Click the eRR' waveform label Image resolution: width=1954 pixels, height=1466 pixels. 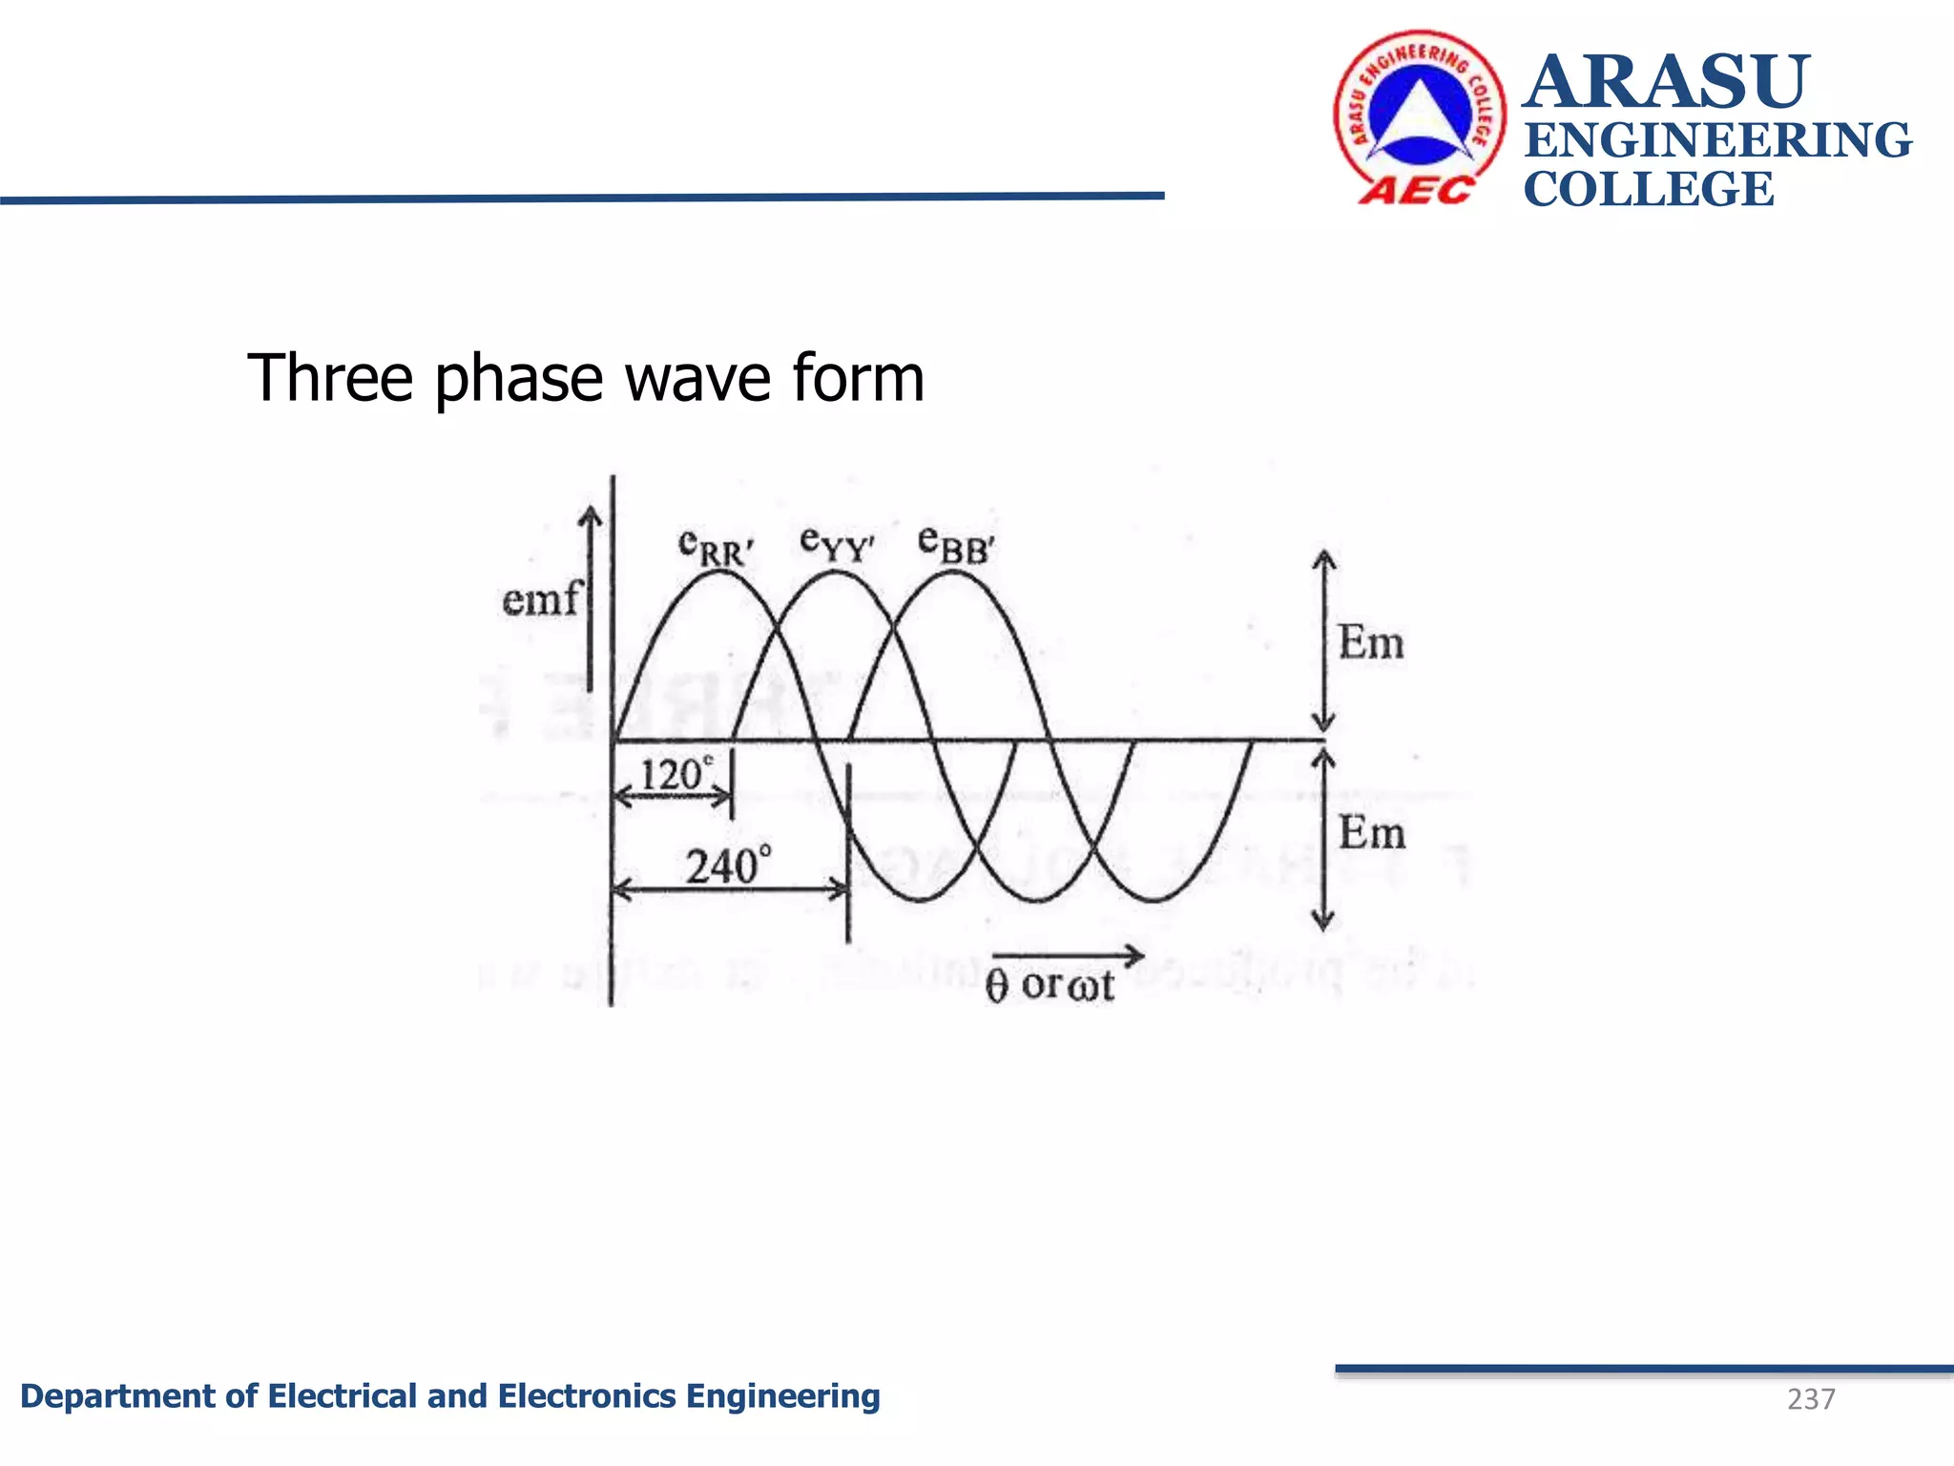click(x=716, y=547)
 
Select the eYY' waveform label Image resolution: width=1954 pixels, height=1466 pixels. click(x=837, y=544)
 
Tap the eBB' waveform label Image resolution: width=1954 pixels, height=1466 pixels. click(x=955, y=544)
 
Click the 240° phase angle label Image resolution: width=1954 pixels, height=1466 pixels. click(x=728, y=866)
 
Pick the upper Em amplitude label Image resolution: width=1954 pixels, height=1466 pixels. click(x=1371, y=642)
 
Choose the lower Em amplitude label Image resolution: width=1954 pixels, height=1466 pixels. click(x=1371, y=832)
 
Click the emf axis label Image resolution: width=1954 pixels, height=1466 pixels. click(x=540, y=600)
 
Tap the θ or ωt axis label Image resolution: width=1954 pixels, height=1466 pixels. click(x=1050, y=985)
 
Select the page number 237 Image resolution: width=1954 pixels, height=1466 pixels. click(x=1810, y=1399)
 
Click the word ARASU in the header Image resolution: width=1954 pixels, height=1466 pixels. click(x=1666, y=82)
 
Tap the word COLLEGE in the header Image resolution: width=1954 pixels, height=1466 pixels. click(x=1649, y=189)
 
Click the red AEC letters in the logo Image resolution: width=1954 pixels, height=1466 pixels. click(x=1416, y=191)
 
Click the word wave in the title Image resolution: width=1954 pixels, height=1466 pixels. click(x=701, y=378)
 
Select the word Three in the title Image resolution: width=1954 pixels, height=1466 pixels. click(x=330, y=378)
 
